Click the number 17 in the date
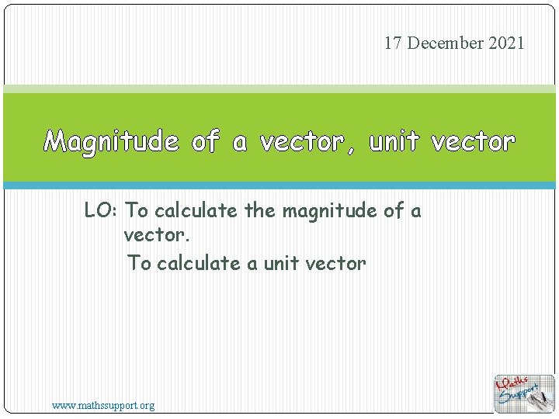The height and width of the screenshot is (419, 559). point(393,43)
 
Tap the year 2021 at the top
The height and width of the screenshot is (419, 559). point(507,43)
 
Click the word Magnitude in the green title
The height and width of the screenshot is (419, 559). point(111,142)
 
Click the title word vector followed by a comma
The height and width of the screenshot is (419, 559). point(301,142)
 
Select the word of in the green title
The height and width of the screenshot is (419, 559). point(205,142)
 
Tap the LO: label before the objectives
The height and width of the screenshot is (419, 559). point(102,210)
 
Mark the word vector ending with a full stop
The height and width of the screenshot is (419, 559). point(157,234)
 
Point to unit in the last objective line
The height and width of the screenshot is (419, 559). point(281,263)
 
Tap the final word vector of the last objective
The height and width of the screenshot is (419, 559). point(335,263)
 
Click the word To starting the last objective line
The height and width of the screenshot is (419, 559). point(140,263)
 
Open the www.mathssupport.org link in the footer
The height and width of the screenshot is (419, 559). point(103,405)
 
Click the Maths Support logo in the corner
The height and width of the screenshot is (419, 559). point(525,393)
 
